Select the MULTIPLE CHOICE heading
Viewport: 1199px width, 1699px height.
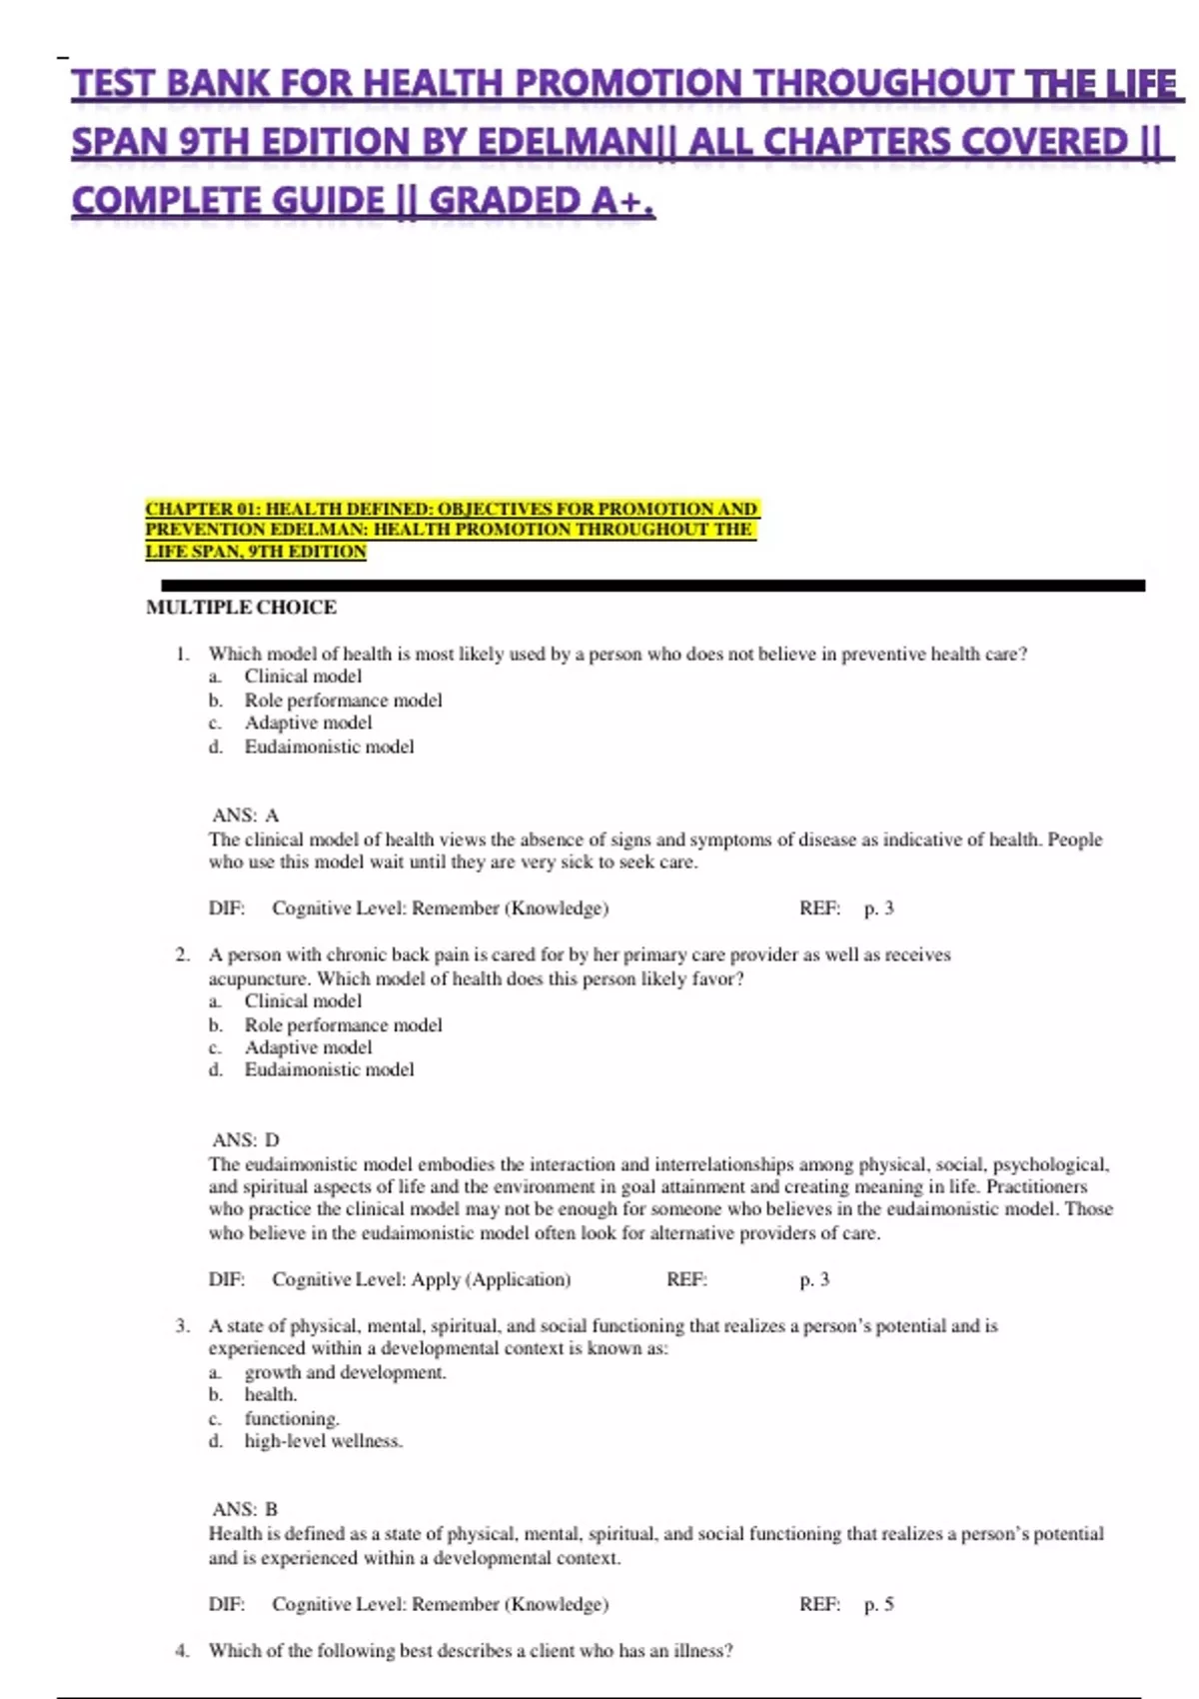pos(241,608)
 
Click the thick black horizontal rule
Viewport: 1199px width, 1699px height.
pos(651,586)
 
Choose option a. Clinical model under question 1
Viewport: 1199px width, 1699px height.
pos(302,677)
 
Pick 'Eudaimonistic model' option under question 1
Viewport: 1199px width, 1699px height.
pos(329,747)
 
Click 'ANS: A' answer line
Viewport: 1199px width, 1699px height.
pos(245,816)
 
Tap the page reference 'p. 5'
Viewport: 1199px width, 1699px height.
pos(878,1604)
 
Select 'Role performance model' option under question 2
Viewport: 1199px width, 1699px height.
pos(343,1024)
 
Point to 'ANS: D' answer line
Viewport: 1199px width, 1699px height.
pos(245,1140)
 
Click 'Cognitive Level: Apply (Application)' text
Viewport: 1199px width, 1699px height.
pos(421,1279)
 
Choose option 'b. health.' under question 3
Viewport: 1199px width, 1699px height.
pos(270,1395)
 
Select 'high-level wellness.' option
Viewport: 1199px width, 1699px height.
pos(323,1441)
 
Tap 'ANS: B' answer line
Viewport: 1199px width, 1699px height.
pos(245,1510)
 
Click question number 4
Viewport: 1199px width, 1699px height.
pos(182,1651)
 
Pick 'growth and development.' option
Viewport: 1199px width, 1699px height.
pos(345,1372)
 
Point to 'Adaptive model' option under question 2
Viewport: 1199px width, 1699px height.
pos(308,1047)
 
